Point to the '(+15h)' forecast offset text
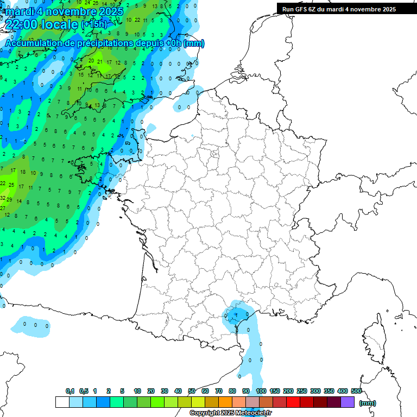click(93, 24)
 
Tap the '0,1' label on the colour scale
click(70, 391)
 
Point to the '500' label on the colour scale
click(356, 391)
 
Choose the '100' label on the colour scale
click(261, 391)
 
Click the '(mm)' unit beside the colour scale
click(368, 403)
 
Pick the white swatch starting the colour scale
click(62, 402)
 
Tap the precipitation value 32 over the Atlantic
click(3, 198)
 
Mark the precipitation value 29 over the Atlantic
click(9, 199)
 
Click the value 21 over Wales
click(99, 61)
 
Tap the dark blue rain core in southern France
click(235, 314)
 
